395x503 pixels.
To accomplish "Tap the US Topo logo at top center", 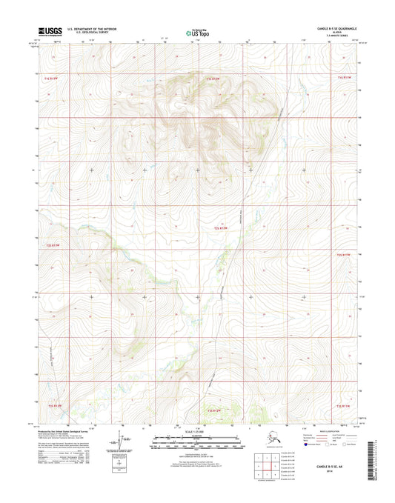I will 197,33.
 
